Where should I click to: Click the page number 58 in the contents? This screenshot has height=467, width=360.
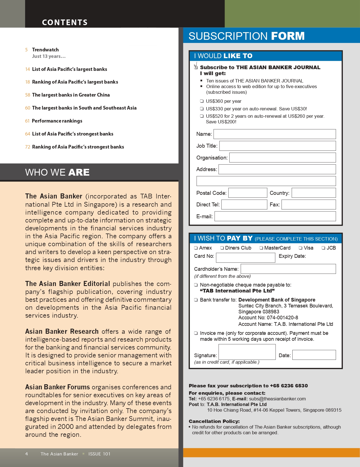click(x=27, y=95)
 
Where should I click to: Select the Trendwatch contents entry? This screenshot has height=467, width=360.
click(x=45, y=50)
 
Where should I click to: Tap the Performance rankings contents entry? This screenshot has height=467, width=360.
click(x=57, y=121)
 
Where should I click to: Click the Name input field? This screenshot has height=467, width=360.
click(x=275, y=134)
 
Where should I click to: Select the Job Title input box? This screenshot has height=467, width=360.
click(x=277, y=146)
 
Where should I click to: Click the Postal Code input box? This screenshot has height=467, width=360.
click(x=247, y=193)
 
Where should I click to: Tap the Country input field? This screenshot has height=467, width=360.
click(x=313, y=193)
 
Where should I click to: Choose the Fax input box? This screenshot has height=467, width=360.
click(x=308, y=205)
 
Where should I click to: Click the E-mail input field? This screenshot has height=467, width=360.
click(x=275, y=216)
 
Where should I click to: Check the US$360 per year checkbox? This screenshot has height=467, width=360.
click(x=202, y=101)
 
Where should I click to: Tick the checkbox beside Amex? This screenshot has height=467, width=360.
click(x=196, y=248)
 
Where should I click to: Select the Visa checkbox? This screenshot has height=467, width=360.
click(x=300, y=248)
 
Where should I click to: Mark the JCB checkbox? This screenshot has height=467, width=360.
click(x=323, y=248)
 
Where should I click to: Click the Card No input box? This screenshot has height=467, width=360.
click(x=245, y=257)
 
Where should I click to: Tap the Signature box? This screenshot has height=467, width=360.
click(x=247, y=352)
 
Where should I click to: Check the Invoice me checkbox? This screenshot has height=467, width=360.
click(x=196, y=333)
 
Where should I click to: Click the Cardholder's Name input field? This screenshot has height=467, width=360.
click(x=288, y=269)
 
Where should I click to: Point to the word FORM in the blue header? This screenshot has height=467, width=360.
click(x=287, y=36)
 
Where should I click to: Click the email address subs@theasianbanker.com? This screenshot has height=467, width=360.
click(x=277, y=399)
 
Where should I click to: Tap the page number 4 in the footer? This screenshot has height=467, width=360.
click(x=27, y=454)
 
